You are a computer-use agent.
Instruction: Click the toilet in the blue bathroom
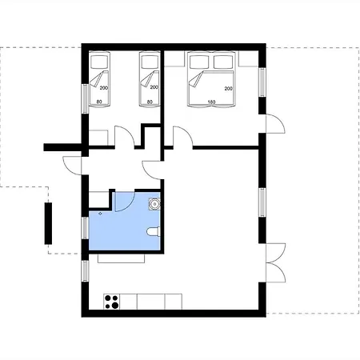point(154,231)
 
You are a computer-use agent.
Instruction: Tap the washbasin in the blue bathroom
point(154,204)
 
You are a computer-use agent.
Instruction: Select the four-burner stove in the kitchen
point(111,302)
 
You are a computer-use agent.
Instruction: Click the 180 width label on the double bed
point(211,102)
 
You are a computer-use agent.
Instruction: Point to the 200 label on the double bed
point(228,89)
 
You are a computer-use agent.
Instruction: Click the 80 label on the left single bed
point(99,102)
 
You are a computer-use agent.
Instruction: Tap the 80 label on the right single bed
point(150,102)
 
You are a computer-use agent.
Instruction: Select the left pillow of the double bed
point(199,62)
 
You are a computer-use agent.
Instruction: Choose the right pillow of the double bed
point(223,62)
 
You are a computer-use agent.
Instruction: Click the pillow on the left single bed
point(99,62)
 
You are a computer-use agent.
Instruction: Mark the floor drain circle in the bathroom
point(100,214)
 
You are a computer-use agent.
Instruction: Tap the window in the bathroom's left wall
point(85,228)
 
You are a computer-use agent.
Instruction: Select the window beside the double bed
point(262,82)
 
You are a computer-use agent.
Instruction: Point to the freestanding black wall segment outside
point(48,223)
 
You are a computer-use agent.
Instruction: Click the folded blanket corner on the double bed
point(196,79)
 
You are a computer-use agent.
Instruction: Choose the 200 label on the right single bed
point(154,87)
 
